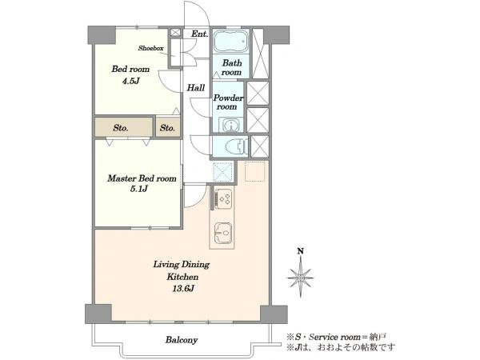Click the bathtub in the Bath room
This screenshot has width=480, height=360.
[230, 42]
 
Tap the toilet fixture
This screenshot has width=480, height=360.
[236, 146]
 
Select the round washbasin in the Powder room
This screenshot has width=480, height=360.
[231, 126]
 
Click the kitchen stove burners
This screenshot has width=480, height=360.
[224, 198]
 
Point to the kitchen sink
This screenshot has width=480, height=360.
[223, 234]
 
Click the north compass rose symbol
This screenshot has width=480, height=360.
[301, 278]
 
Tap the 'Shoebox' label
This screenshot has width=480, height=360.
[150, 48]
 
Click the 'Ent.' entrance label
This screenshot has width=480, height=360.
[199, 34]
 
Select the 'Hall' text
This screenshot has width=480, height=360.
[196, 88]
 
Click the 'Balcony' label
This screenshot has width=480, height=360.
[182, 340]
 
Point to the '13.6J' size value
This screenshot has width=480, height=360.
[183, 288]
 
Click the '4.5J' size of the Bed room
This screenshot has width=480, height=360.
[130, 81]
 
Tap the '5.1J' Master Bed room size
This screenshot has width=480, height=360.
[139, 189]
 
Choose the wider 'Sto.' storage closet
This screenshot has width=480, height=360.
[123, 127]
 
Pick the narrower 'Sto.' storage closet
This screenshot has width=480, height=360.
[168, 127]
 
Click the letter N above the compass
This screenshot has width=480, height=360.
[301, 251]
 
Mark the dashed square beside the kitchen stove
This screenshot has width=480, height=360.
[223, 172]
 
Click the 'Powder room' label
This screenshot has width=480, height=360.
[228, 102]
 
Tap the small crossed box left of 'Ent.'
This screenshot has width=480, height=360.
[175, 33]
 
